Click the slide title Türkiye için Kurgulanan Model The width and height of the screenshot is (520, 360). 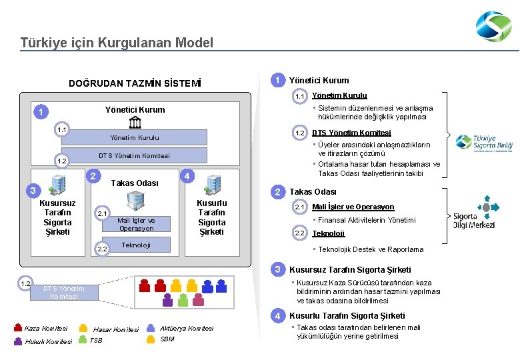pos(117,43)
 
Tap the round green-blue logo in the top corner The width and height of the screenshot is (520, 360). pos(493,27)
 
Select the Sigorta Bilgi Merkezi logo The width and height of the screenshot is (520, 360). pos(474,212)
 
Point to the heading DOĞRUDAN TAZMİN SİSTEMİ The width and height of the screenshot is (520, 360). pos(135,84)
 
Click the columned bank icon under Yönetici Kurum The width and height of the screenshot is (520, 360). pos(135,122)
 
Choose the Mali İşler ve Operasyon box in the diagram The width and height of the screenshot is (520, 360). pos(135,224)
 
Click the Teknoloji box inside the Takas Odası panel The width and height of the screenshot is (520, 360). pos(135,245)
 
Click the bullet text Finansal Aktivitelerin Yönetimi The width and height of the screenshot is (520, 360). pos(366,220)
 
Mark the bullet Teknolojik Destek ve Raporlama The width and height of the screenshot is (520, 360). pos(370,249)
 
